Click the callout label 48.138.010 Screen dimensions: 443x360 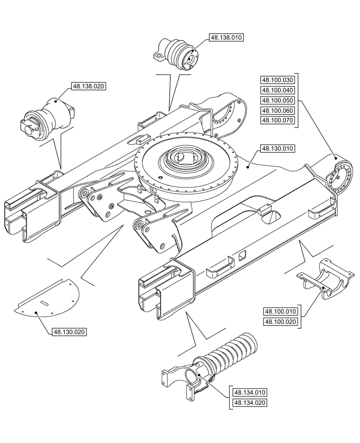[x=225, y=38]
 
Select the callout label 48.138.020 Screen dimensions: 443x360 [x=88, y=86]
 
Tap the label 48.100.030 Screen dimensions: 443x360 [x=278, y=80]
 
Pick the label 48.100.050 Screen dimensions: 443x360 [x=278, y=101]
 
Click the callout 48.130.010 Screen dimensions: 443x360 [x=278, y=148]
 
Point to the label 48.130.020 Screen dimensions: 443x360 [x=69, y=332]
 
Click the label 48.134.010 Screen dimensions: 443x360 [x=249, y=392]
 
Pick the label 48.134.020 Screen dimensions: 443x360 [x=249, y=403]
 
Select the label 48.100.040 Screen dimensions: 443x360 [x=278, y=90]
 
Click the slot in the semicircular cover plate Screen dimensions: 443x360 [x=44, y=303]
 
